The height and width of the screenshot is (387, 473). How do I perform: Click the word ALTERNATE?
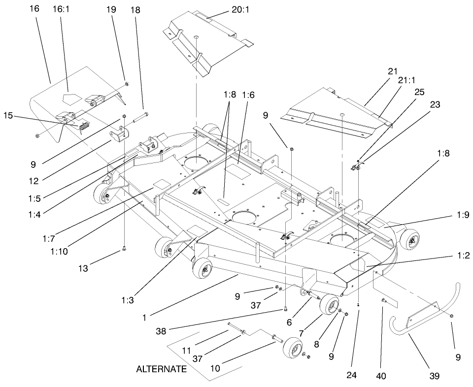[162, 369]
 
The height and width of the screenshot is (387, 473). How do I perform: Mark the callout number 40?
[381, 376]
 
